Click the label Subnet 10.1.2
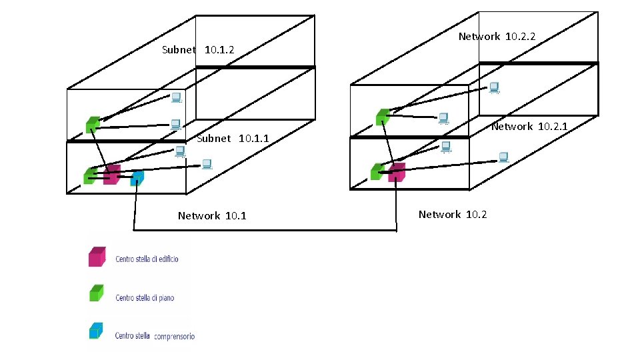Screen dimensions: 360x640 pos(198,50)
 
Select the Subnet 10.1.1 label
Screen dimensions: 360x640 pos(233,139)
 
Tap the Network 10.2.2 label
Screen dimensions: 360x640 pos(497,37)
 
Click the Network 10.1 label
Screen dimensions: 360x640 pos(212,216)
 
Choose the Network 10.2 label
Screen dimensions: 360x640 pos(453,215)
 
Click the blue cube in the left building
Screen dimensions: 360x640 pos(137,178)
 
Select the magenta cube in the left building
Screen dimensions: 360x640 pos(112,175)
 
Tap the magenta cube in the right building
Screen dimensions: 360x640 pos(397,172)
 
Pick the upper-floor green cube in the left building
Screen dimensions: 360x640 pos(93,124)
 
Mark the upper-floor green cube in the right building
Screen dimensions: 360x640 pos(382,117)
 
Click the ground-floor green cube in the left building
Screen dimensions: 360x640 pos(90,175)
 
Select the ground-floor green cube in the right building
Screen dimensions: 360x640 pos(377,171)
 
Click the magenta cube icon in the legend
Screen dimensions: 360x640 pos(97,257)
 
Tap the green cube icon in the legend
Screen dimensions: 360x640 pos(97,293)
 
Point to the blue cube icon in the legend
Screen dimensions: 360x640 pos(97,331)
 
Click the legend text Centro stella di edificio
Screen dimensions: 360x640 pos(147,259)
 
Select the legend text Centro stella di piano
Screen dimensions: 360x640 pos(145,297)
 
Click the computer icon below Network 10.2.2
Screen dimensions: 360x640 pos(494,87)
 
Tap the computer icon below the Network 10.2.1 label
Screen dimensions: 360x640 pos(504,157)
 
